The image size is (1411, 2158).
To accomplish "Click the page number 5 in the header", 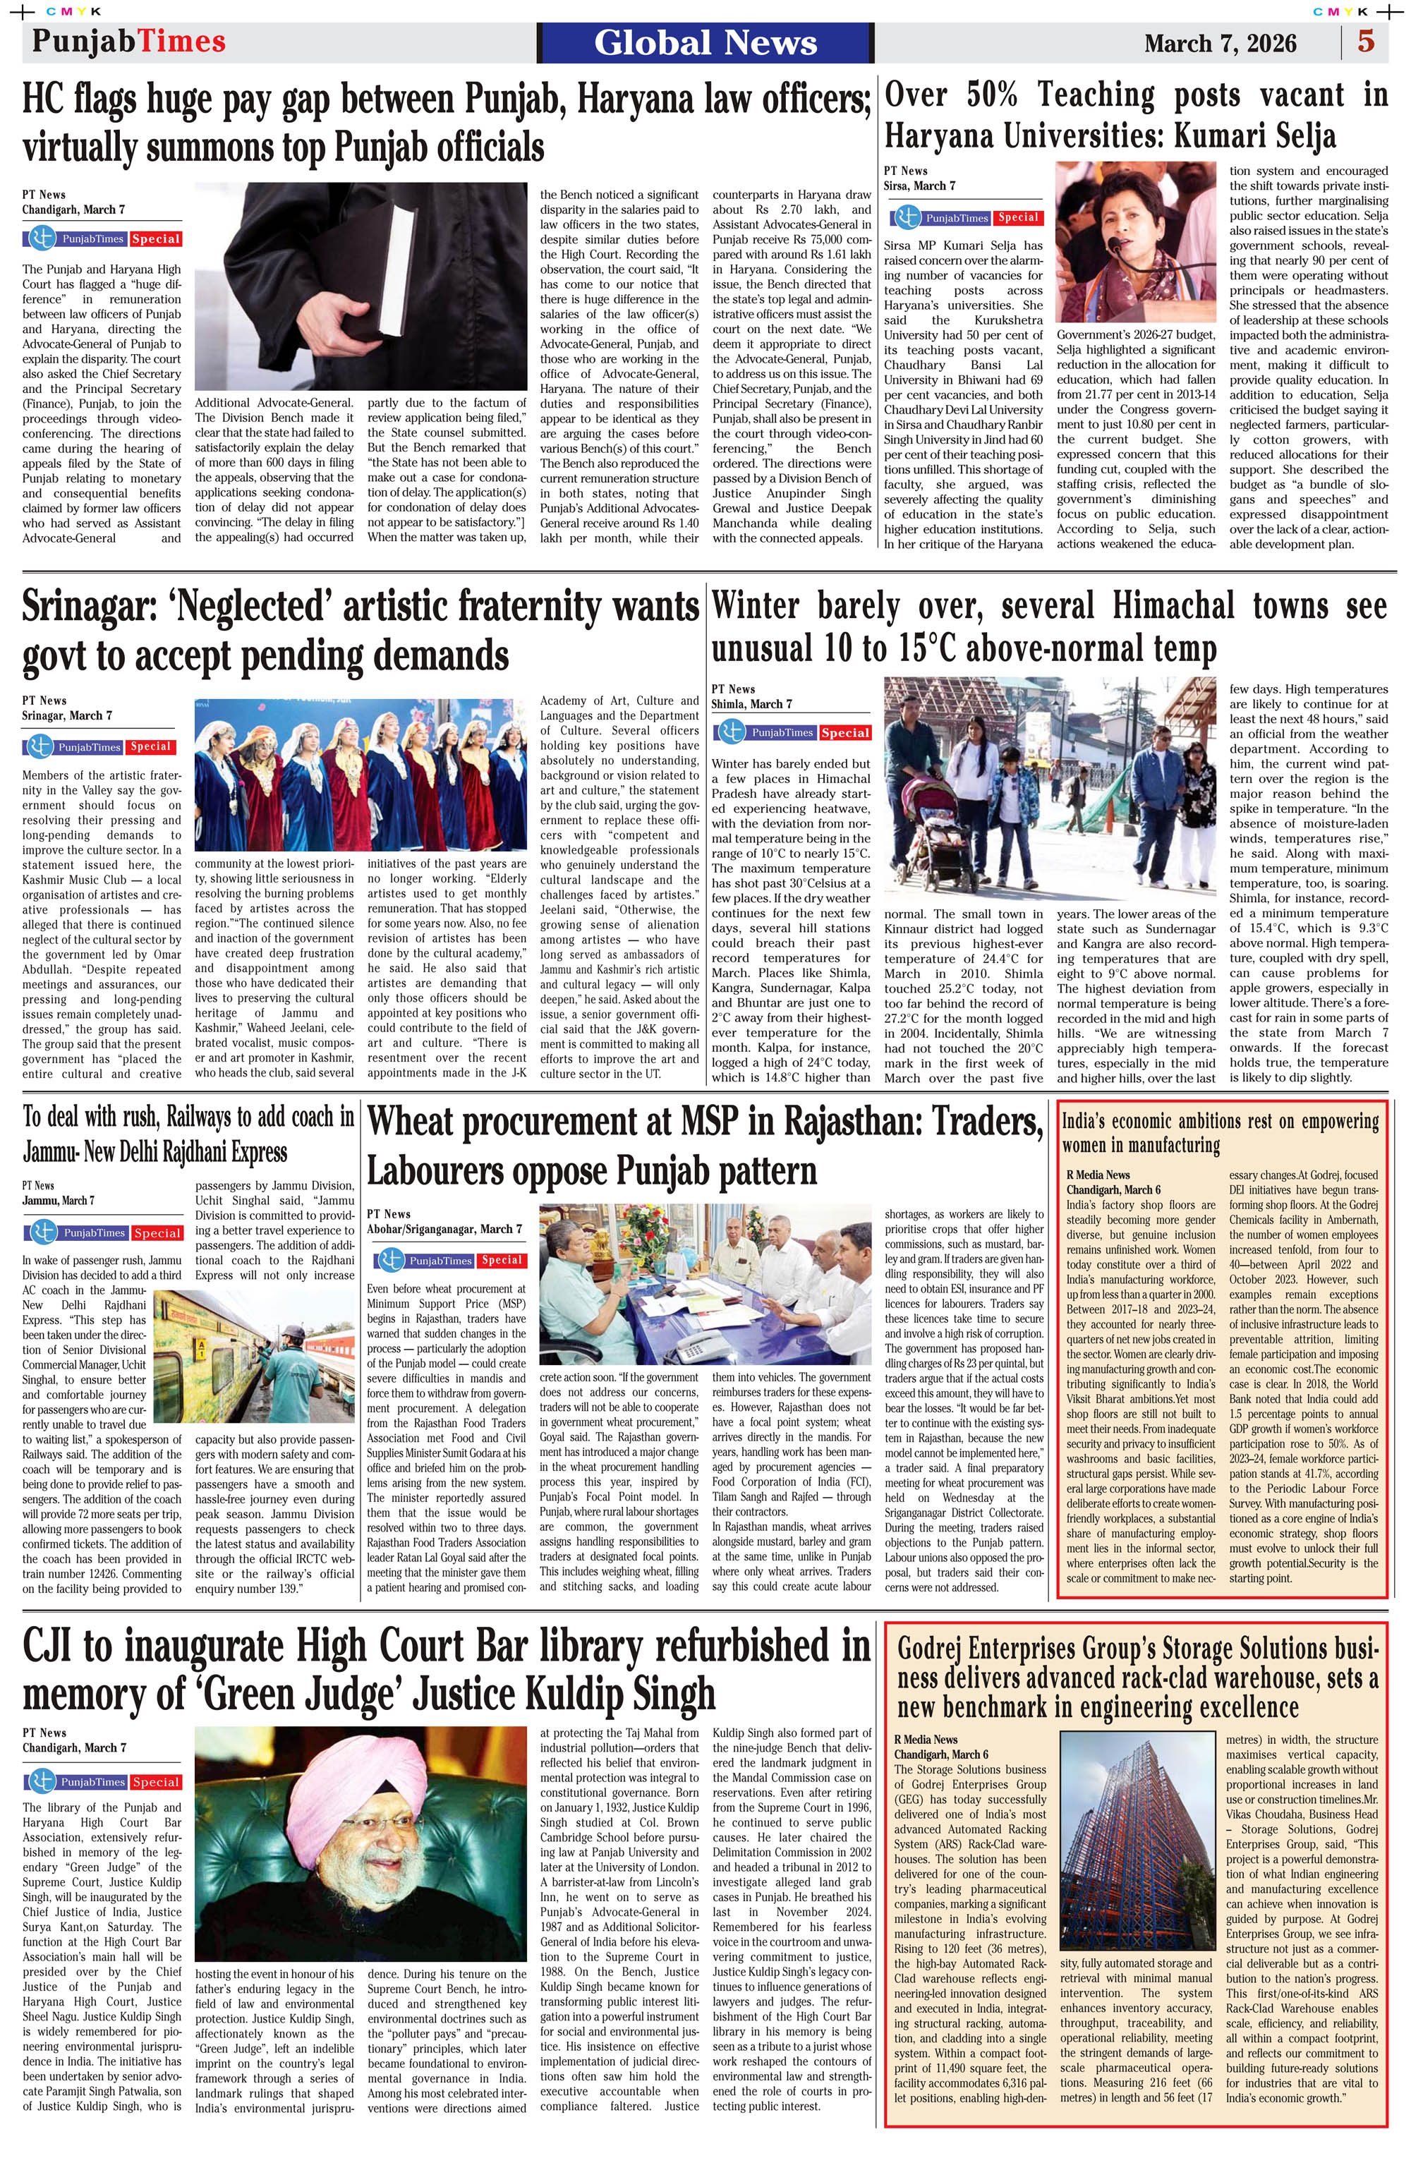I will pyautogui.click(x=1366, y=42).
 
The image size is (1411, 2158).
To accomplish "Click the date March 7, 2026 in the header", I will pyautogui.click(x=1220, y=44).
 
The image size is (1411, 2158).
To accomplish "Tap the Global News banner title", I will pyautogui.click(x=705, y=42).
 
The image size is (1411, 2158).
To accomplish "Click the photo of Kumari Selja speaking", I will pyautogui.click(x=1137, y=242).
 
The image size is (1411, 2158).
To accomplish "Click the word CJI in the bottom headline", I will pyautogui.click(x=63, y=1645).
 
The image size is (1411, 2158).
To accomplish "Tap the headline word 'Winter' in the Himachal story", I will pyautogui.click(x=756, y=606).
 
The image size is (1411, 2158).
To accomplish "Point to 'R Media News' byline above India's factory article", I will pyautogui.click(x=1098, y=1175).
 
